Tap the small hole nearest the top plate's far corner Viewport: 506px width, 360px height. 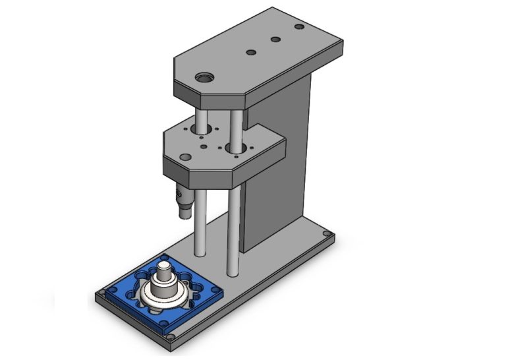[299, 27]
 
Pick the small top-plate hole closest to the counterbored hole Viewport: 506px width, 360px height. [250, 51]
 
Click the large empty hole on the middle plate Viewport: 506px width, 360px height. [202, 130]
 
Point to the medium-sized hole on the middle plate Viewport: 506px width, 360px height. [186, 158]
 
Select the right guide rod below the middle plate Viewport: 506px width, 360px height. [232, 231]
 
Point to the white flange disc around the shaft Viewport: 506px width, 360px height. [158, 296]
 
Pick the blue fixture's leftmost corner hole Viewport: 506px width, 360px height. [105, 291]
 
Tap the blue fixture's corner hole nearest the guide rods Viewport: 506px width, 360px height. [163, 258]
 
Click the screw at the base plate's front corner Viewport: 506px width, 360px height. [171, 338]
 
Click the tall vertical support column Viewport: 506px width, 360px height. [277, 165]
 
